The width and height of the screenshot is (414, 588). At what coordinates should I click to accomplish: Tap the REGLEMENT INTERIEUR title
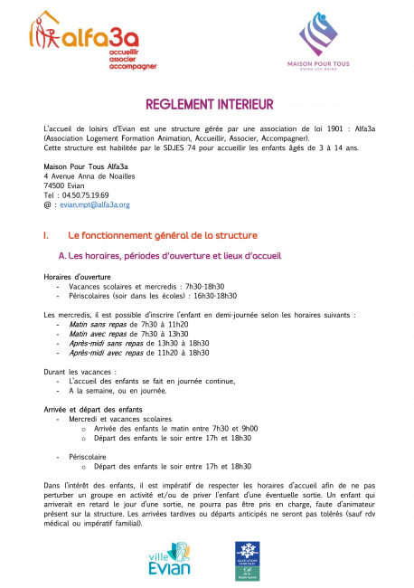point(207,105)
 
